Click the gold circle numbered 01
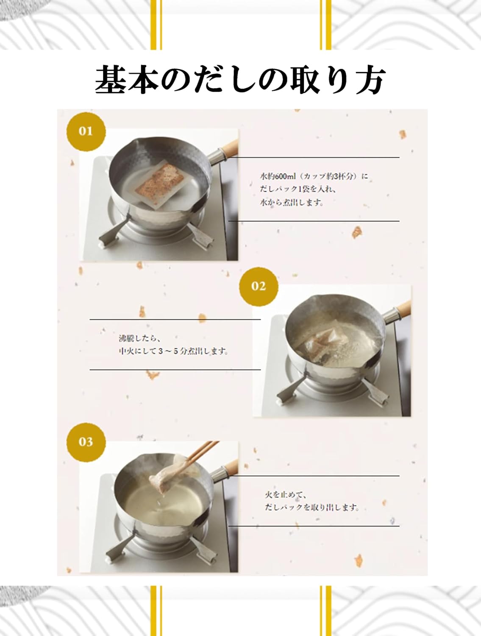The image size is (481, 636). pyautogui.click(x=86, y=131)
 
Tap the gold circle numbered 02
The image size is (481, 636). pyautogui.click(x=259, y=286)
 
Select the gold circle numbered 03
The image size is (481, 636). pyautogui.click(x=86, y=442)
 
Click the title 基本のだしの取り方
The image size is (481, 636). pyautogui.click(x=240, y=80)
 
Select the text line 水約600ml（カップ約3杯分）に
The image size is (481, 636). pyautogui.click(x=314, y=176)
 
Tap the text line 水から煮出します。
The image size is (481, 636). pyautogui.click(x=292, y=203)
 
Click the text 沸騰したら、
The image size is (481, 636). pyautogui.click(x=139, y=338)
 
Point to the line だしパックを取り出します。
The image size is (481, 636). pyautogui.click(x=312, y=507)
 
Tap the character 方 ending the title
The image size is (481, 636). pyautogui.click(x=369, y=80)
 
